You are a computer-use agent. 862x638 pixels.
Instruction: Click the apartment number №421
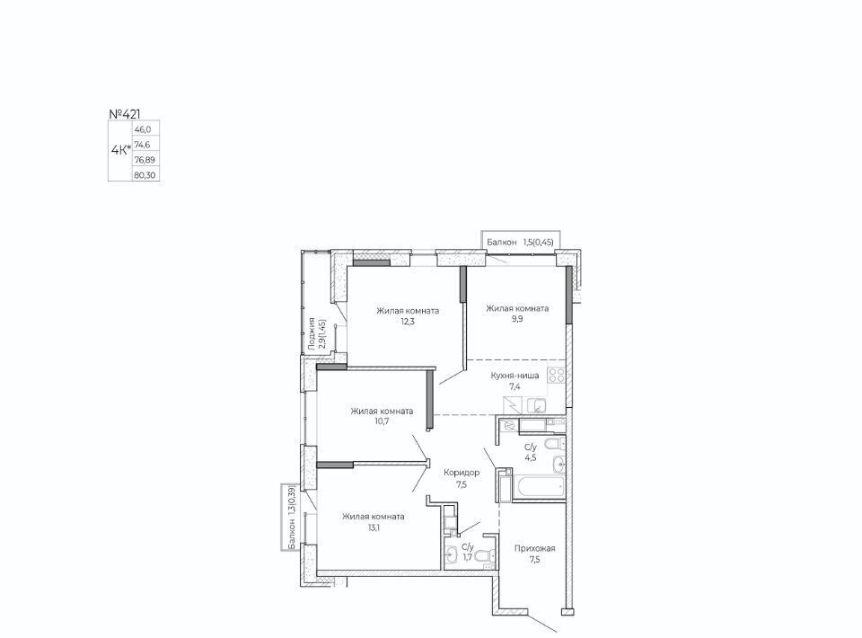point(124,114)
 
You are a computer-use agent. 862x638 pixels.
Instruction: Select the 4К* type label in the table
point(121,149)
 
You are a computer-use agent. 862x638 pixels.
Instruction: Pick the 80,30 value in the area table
point(145,175)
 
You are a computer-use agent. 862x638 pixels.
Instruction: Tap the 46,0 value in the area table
point(143,129)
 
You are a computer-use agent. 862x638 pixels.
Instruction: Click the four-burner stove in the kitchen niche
point(557,375)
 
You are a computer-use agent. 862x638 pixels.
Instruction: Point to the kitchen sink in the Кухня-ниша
point(536,405)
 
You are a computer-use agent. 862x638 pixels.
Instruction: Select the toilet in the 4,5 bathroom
point(554,445)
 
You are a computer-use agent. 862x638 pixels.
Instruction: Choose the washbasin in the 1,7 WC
point(452,556)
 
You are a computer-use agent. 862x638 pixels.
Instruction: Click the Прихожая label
point(535,548)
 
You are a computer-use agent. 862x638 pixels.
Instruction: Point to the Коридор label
point(462,473)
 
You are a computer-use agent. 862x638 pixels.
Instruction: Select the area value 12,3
point(408,322)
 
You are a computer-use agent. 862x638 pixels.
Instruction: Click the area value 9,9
point(517,319)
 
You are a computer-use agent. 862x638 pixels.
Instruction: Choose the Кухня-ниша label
point(515,376)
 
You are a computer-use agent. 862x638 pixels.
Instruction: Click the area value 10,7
point(382,421)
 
